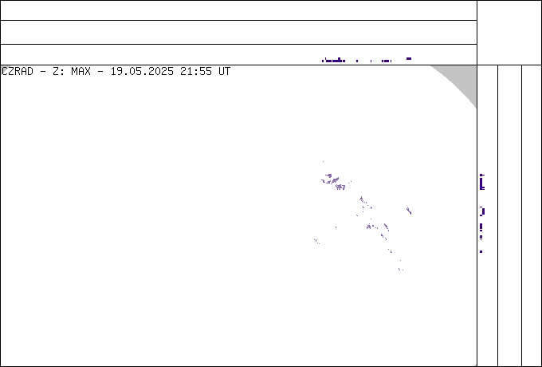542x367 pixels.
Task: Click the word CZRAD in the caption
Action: (18, 72)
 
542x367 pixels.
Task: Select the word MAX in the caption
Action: (81, 72)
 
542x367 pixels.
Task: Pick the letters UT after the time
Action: (224, 72)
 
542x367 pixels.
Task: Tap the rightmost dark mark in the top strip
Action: (409, 59)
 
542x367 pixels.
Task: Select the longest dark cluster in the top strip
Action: (333, 61)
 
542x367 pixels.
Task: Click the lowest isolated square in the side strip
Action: (481, 252)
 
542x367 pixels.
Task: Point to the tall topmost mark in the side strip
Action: (482, 182)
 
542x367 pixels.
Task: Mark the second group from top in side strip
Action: (482, 211)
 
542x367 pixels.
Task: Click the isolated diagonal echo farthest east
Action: (409, 211)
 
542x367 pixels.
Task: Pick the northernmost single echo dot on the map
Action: (323, 161)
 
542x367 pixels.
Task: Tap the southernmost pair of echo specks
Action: (401, 270)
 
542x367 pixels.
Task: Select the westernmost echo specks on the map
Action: (316, 242)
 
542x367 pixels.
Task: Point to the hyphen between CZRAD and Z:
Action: (43, 72)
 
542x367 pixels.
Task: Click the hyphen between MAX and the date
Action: (100, 72)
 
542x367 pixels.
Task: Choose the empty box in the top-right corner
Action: (509, 33)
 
